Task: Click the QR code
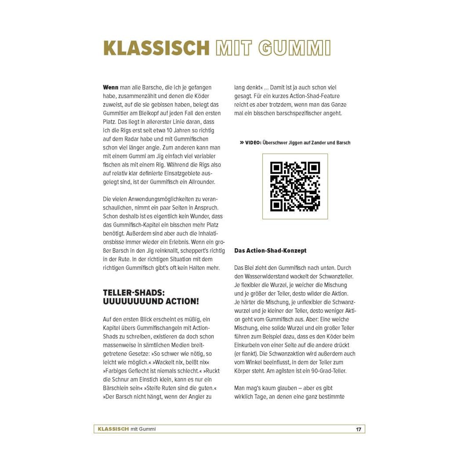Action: pos(295,186)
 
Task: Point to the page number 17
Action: pos(359,429)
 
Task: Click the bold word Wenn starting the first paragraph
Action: pos(110,87)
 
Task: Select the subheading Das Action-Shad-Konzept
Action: pos(270,250)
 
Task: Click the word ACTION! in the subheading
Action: pos(179,301)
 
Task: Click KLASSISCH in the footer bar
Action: pos(113,429)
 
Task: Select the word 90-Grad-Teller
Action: pos(326,370)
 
